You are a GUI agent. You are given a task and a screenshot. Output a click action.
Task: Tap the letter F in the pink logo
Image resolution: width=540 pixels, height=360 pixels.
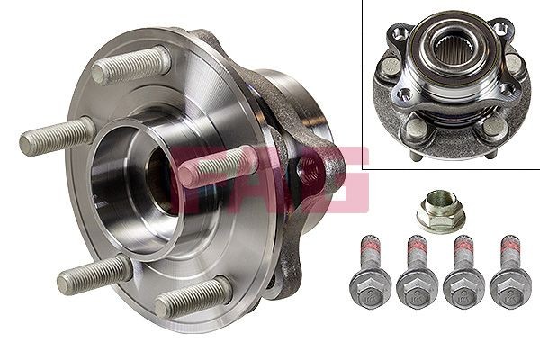click(x=193, y=171)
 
